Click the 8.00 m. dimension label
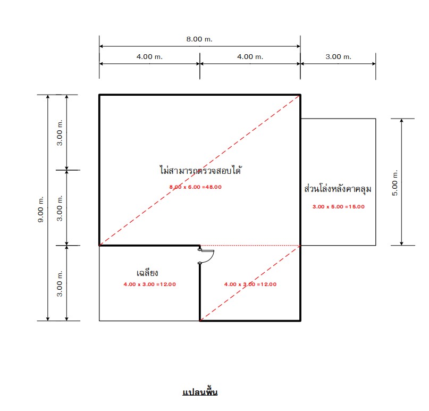(x=199, y=39)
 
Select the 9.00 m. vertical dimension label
(x=40, y=209)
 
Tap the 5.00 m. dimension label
(x=394, y=183)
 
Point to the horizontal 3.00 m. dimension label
(x=338, y=57)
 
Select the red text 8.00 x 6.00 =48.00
(x=195, y=187)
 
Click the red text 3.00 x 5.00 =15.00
(x=339, y=207)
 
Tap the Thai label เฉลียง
(x=147, y=273)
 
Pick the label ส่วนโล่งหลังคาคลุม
(x=338, y=189)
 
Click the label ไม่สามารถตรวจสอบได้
(x=200, y=170)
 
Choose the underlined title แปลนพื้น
(x=200, y=392)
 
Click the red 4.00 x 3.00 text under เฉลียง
(x=150, y=284)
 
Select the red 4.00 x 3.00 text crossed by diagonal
(x=250, y=284)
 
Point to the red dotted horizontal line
(x=250, y=246)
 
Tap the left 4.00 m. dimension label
(x=149, y=57)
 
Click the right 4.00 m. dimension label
(x=250, y=57)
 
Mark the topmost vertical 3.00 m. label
(x=60, y=133)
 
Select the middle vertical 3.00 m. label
(x=60, y=208)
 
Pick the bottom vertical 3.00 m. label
(x=60, y=283)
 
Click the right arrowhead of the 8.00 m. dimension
(x=299, y=46)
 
